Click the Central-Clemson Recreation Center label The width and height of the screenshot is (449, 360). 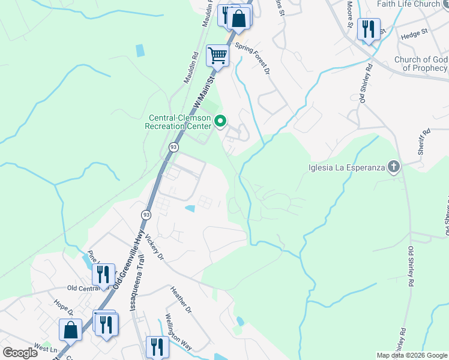(178, 122)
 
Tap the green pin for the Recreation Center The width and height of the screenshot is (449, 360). (220, 121)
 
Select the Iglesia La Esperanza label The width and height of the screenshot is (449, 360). (346, 167)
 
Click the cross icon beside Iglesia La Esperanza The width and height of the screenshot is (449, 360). (394, 166)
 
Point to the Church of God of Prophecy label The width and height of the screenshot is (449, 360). (421, 64)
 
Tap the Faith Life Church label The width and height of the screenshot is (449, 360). (408, 4)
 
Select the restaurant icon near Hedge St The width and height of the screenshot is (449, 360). (368, 29)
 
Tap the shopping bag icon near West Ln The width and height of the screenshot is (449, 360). (70, 329)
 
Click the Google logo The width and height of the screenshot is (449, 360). (20, 352)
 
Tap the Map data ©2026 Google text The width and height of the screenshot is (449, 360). (412, 355)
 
